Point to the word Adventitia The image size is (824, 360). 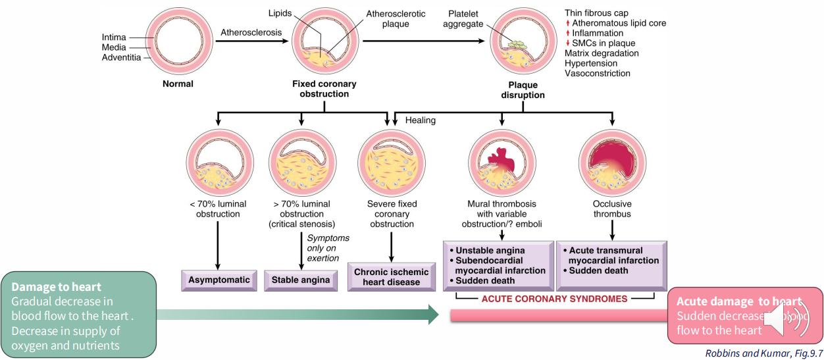pyautogui.click(x=122, y=58)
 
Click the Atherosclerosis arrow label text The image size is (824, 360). pyautogui.click(x=251, y=32)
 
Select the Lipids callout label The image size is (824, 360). pyautogui.click(x=281, y=13)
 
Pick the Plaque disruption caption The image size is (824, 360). pyautogui.click(x=523, y=90)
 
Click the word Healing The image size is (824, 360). pyautogui.click(x=421, y=120)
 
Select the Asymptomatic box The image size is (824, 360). pyautogui.click(x=219, y=280)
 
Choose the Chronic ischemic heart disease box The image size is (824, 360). pyautogui.click(x=391, y=277)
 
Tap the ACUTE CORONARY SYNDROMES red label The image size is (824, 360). pyautogui.click(x=555, y=299)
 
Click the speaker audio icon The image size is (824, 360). pyautogui.click(x=783, y=320)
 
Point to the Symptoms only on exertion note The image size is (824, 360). pyautogui.click(x=328, y=247)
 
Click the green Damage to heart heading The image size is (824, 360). pyautogui.click(x=56, y=287)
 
